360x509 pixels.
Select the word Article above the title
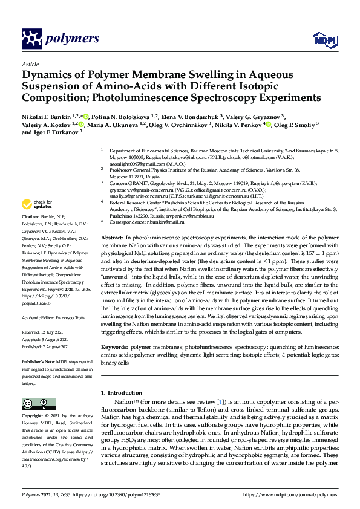(30, 64)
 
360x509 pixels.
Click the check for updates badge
(34, 204)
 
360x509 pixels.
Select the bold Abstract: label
(112, 222)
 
